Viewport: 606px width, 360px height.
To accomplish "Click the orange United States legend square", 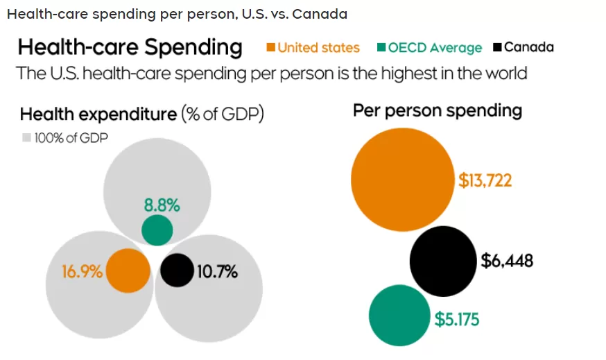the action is [270, 47].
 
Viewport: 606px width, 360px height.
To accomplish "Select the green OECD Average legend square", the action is [381, 47].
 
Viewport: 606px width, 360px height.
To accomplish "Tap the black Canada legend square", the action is [497, 47].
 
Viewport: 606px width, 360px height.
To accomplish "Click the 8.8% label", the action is [162, 205].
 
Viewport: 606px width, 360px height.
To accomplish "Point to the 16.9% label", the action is [82, 271].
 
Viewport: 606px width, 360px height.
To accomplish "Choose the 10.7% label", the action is [217, 271].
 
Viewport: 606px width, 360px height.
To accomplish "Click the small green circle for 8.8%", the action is [157, 230].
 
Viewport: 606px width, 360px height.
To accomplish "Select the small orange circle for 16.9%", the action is [128, 271].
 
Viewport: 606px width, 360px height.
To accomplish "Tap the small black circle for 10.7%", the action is [177, 271].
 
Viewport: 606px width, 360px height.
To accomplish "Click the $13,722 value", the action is [485, 180].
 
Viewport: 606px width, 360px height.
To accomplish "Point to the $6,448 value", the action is [507, 261].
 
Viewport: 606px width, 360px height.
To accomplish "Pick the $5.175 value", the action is [457, 319].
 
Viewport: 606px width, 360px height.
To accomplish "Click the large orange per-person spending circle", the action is [403, 180].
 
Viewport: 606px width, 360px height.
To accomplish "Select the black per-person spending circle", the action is [443, 262].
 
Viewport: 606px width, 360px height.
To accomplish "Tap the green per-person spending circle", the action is [399, 315].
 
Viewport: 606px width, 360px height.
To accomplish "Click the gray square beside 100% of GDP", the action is [26, 137].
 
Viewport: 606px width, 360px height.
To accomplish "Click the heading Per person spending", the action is [438, 111].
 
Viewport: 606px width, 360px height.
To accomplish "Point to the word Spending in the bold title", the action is [193, 48].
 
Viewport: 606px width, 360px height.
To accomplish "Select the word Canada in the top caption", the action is [320, 15].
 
